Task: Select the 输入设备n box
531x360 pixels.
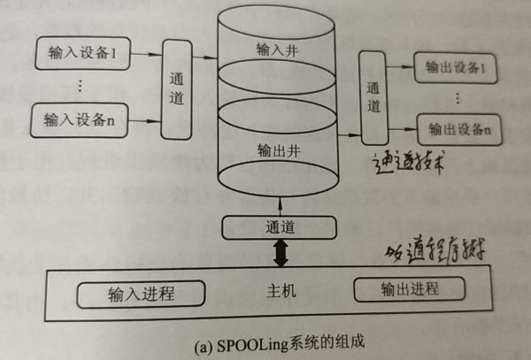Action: click(x=81, y=119)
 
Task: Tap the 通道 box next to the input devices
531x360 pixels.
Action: click(x=176, y=88)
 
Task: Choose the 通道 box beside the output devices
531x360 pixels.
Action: click(x=373, y=96)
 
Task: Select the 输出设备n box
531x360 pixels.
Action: click(x=458, y=129)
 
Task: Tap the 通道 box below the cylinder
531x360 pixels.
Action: click(x=280, y=226)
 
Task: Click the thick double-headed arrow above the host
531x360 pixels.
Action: click(x=280, y=255)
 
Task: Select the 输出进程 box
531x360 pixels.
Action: click(x=409, y=289)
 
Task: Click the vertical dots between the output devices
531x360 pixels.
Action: click(x=457, y=98)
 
